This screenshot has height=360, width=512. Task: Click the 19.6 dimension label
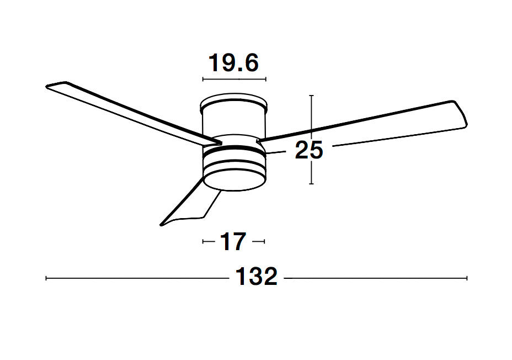click(233, 63)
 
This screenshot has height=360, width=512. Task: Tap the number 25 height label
click(308, 150)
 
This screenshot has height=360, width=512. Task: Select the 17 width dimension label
click(233, 242)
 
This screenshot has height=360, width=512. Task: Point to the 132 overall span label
click(257, 277)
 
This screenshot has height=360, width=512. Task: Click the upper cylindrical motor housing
click(234, 119)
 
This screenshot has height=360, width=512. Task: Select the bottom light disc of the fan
click(234, 177)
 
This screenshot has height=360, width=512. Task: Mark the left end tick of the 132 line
click(46, 278)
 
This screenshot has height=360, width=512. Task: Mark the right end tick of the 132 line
click(467, 278)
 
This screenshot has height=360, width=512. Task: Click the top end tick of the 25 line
click(312, 96)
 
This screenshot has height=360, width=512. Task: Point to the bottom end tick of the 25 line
click(312, 183)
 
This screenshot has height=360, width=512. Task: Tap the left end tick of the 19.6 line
click(203, 80)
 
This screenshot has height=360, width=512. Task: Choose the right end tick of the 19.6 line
click(266, 80)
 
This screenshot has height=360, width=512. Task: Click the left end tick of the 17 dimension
click(204, 241)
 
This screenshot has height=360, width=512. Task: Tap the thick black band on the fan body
click(234, 149)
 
